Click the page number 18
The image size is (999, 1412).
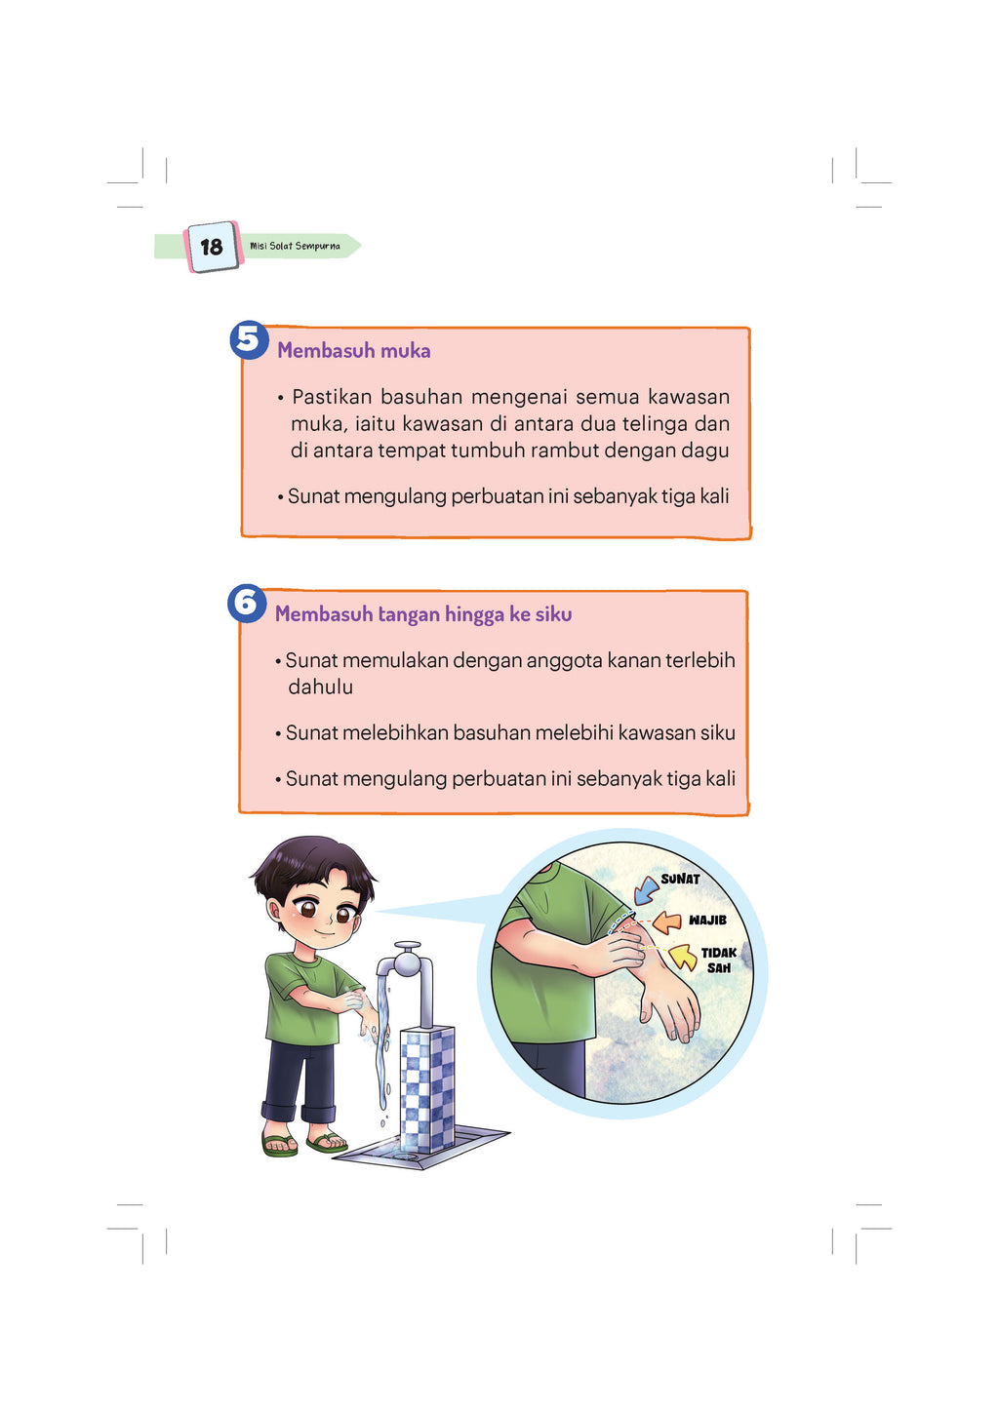click(x=212, y=247)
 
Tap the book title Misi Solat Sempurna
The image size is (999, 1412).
click(x=296, y=246)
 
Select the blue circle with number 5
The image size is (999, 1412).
click(x=249, y=339)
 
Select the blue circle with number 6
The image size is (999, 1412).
click(x=247, y=604)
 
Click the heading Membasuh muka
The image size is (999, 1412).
click(x=354, y=350)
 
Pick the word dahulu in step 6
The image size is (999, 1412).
click(x=320, y=687)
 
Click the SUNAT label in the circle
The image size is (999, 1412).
click(x=680, y=878)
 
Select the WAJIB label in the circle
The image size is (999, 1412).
click(x=707, y=920)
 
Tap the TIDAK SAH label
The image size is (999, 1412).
click(x=718, y=960)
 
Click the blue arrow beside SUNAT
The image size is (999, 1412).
click(x=645, y=891)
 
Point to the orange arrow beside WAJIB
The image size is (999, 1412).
click(x=666, y=922)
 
